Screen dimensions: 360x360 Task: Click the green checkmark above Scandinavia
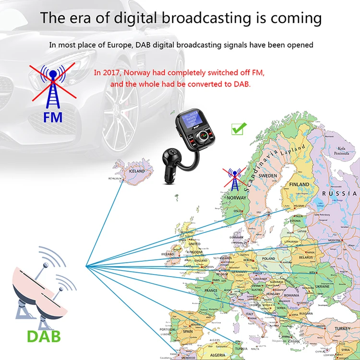tap(239, 128)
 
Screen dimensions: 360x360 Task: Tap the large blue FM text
tap(53, 117)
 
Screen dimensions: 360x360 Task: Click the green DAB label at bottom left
tap(44, 336)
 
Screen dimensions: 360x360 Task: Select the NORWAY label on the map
tap(236, 197)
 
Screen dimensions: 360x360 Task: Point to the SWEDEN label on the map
tap(267, 176)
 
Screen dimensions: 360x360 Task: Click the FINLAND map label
tap(299, 184)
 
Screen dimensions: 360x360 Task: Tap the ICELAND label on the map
tap(136, 171)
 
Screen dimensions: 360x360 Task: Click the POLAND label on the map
tap(268, 258)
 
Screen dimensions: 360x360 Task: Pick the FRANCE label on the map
tap(211, 290)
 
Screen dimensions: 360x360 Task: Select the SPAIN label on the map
tap(188, 331)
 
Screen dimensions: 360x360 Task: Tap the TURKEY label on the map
tap(343, 328)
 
